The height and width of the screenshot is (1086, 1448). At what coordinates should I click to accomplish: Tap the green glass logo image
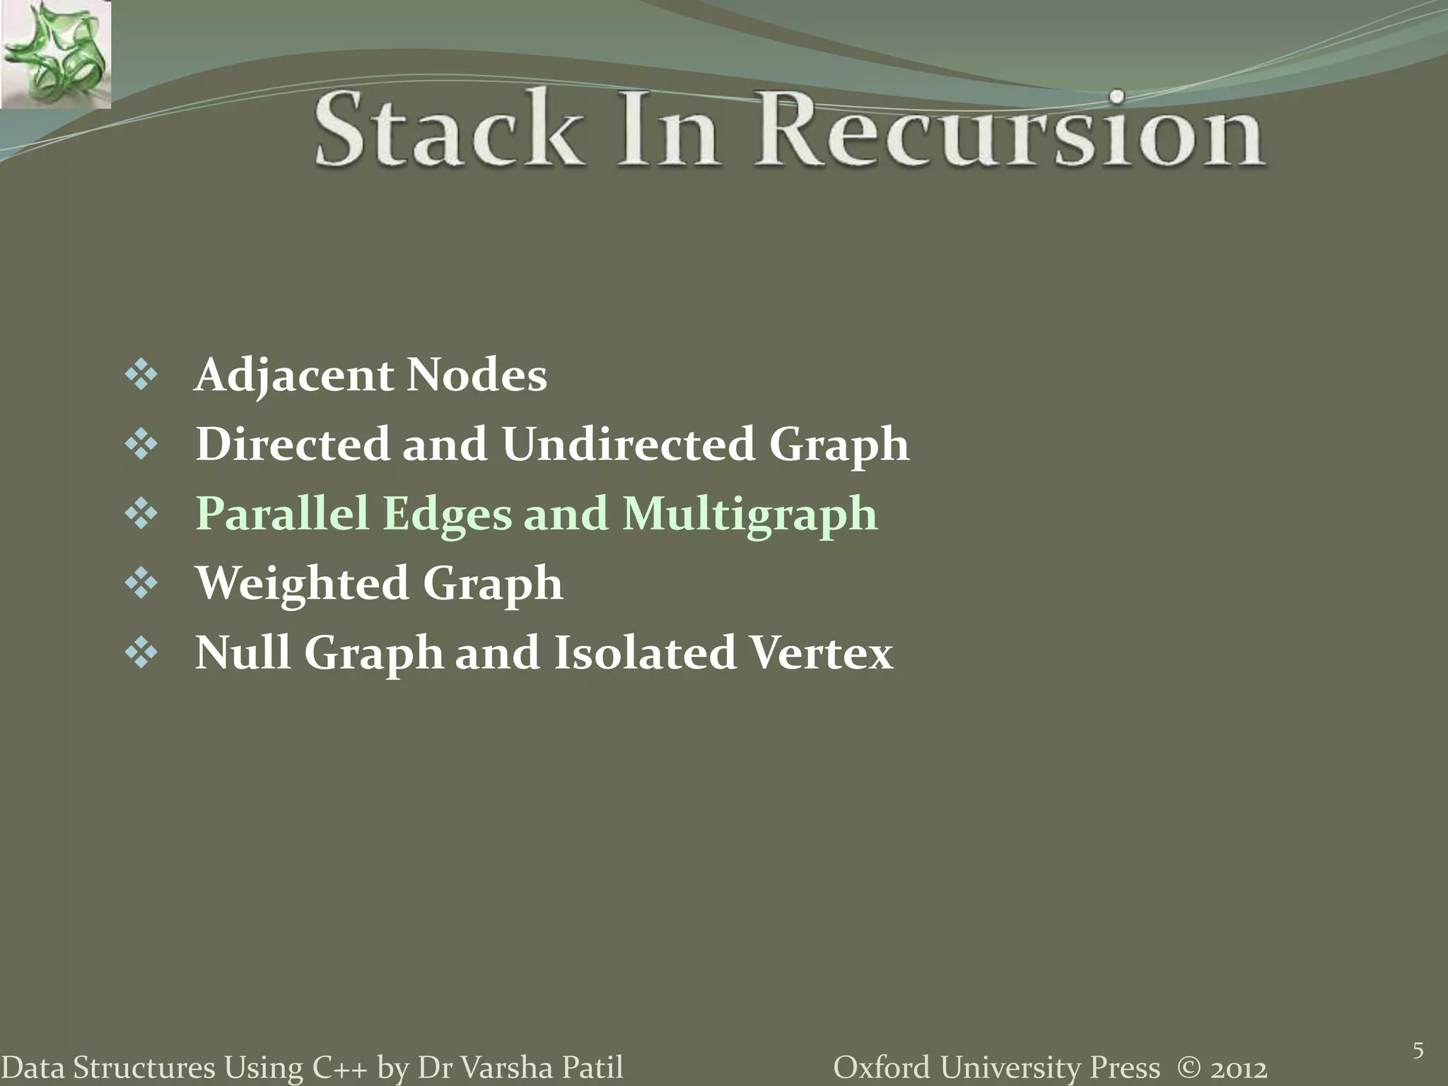[x=55, y=54]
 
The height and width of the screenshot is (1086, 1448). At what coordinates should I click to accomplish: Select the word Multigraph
[x=749, y=514]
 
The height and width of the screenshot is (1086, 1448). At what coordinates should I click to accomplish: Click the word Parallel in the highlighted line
[x=282, y=514]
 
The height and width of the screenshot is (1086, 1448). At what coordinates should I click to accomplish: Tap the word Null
[x=242, y=653]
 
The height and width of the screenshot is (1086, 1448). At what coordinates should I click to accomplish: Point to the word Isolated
[x=644, y=653]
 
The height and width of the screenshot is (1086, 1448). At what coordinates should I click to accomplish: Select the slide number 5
[x=1418, y=1051]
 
